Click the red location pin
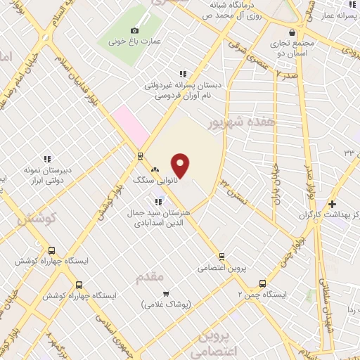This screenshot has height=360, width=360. click(x=181, y=165)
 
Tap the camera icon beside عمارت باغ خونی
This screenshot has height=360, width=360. click(x=135, y=30)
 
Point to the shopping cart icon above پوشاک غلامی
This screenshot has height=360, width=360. click(x=165, y=294)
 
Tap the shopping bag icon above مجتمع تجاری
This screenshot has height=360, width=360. click(x=292, y=32)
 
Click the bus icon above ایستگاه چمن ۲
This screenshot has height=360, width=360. click(x=263, y=283)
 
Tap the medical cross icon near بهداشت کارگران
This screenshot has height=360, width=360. click(x=332, y=204)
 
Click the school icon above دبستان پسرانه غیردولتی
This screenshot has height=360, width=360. click(x=183, y=73)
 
